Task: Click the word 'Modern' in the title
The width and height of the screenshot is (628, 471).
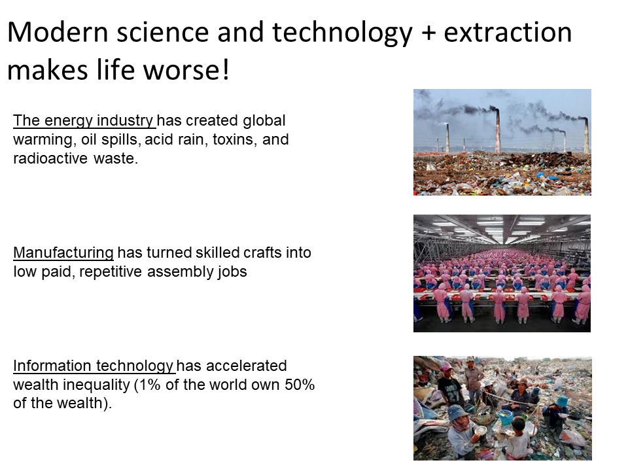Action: pyautogui.click(x=58, y=32)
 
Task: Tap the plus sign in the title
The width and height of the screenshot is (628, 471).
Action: pyautogui.click(x=428, y=33)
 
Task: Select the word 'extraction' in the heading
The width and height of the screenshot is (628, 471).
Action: pyautogui.click(x=508, y=32)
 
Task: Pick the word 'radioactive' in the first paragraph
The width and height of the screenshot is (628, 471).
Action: pyautogui.click(x=50, y=158)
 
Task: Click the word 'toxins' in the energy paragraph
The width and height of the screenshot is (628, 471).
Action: pyautogui.click(x=235, y=139)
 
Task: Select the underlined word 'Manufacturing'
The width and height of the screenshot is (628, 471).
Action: pyautogui.click(x=63, y=253)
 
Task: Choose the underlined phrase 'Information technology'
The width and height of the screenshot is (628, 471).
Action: pyautogui.click(x=94, y=366)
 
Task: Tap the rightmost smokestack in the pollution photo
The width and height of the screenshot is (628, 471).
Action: pyautogui.click(x=585, y=136)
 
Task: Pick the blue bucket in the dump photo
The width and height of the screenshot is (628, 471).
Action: pyautogui.click(x=506, y=417)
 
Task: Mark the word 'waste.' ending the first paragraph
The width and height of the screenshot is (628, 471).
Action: pyautogui.click(x=116, y=158)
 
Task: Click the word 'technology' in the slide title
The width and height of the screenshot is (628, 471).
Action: pyautogui.click(x=342, y=33)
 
